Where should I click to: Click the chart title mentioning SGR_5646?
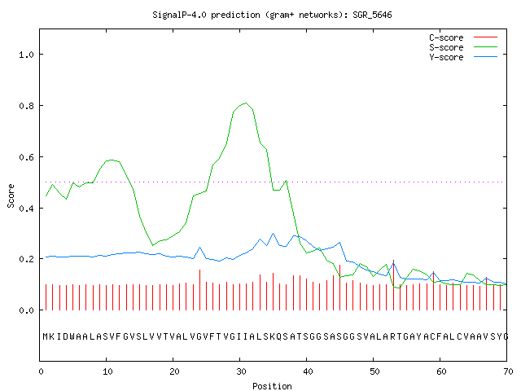[272, 15]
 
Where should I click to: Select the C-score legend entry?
[463, 37]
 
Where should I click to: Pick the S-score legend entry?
[463, 47]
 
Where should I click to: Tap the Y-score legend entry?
[463, 57]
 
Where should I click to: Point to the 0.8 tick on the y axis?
[26, 106]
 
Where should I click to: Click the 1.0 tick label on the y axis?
[26, 55]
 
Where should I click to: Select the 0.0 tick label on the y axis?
[26, 310]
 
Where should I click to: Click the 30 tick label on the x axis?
[241, 371]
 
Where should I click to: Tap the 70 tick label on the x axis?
[508, 371]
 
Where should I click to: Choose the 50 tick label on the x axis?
[374, 371]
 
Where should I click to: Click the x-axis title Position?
[272, 386]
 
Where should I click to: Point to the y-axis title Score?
[11, 195]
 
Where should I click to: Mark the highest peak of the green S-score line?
[246, 103]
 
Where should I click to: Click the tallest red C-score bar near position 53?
[393, 285]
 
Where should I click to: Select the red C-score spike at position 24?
[199, 290]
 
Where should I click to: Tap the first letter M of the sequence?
[46, 336]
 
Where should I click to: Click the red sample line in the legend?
[485, 37]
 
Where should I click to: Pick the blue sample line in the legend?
[485, 57]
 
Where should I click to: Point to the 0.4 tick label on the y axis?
[26, 209]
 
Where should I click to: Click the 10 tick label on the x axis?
[107, 371]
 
